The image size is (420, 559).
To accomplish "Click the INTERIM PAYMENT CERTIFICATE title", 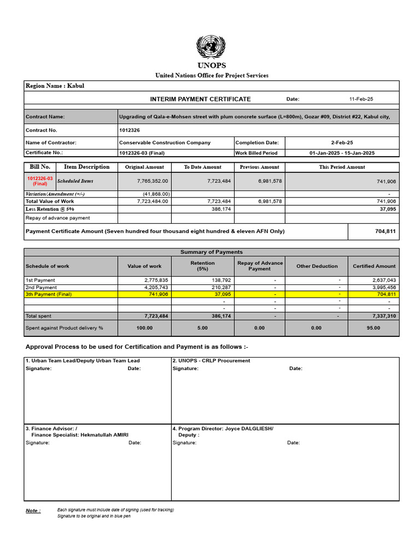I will point(200,99).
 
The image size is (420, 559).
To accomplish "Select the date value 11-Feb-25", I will point(361,99).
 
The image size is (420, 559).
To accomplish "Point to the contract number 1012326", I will point(130,130).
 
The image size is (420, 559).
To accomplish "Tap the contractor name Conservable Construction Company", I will point(165,142).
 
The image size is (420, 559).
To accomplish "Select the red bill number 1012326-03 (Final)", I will point(40,181).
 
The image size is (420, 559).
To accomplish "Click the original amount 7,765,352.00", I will point(153,181).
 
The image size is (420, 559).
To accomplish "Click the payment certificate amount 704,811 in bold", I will point(386,231).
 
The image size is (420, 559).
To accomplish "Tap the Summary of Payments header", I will point(211,252).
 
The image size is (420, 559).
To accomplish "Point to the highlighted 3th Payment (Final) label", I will point(49,294).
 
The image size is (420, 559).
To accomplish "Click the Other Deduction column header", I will point(317,266).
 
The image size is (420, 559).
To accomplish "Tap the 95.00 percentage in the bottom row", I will point(374,328).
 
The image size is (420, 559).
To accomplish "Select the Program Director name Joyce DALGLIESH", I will point(248,429).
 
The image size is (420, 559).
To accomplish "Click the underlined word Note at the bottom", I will point(32,511).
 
